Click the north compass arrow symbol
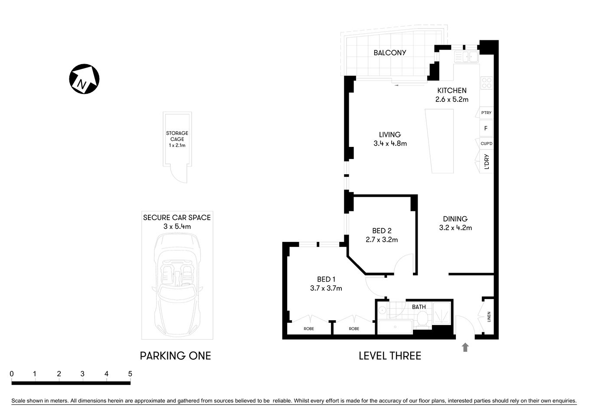[84, 79]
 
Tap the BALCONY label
[389, 52]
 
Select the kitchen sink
[466, 57]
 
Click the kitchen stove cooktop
[487, 82]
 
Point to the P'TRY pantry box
[486, 113]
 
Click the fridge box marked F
[486, 128]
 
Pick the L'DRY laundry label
[486, 162]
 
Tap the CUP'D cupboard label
[486, 143]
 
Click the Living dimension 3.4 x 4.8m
[390, 143]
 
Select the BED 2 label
[381, 231]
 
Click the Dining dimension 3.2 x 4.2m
[455, 227]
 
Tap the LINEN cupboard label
[489, 317]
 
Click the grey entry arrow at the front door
[465, 347]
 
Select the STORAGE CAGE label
[177, 136]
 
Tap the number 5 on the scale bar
[130, 374]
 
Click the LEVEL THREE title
[389, 356]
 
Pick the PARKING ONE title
[175, 356]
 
